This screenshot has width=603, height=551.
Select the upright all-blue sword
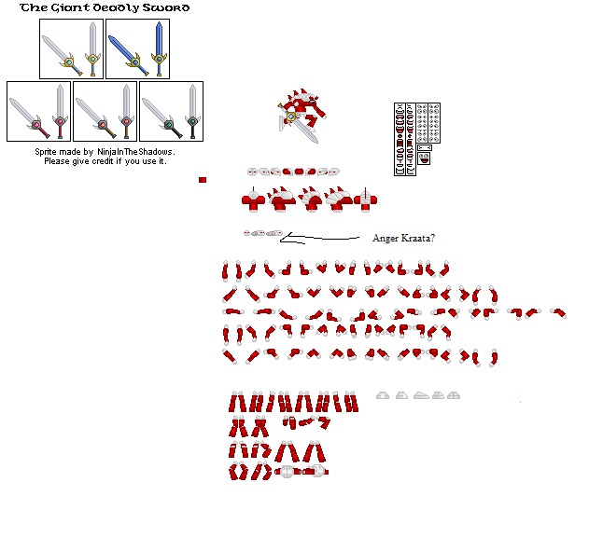tap(159, 48)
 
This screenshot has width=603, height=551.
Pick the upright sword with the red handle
tap(60, 111)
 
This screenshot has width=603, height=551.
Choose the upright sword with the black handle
tap(192, 111)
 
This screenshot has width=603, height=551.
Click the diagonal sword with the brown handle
tap(96, 117)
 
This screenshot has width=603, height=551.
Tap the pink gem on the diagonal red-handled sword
tap(36, 125)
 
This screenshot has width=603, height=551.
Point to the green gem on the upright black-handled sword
tap(192, 122)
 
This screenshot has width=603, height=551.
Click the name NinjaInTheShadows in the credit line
tap(135, 152)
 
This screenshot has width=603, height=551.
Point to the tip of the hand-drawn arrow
tap(280, 241)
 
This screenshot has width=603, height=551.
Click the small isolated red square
tap(203, 180)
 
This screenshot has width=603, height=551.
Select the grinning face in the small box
tap(424, 158)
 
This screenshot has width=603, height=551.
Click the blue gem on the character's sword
tap(291, 116)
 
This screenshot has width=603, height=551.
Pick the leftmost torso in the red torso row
tap(254, 200)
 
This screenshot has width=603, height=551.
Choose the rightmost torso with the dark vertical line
tap(365, 200)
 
